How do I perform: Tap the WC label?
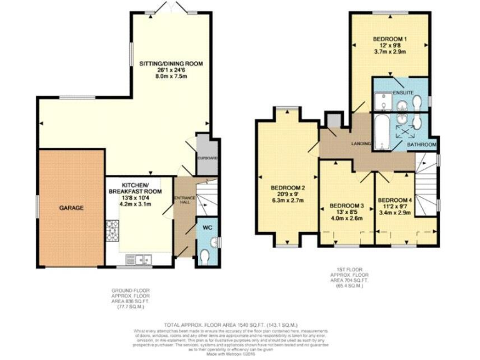click(x=208, y=228)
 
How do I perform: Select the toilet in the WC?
click(x=207, y=254)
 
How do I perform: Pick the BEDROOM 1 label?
click(x=390, y=39)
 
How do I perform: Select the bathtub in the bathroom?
click(x=379, y=132)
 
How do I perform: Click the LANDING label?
click(x=361, y=144)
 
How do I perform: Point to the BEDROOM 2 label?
click(x=287, y=188)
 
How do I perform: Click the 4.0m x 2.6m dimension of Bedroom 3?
click(x=346, y=219)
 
